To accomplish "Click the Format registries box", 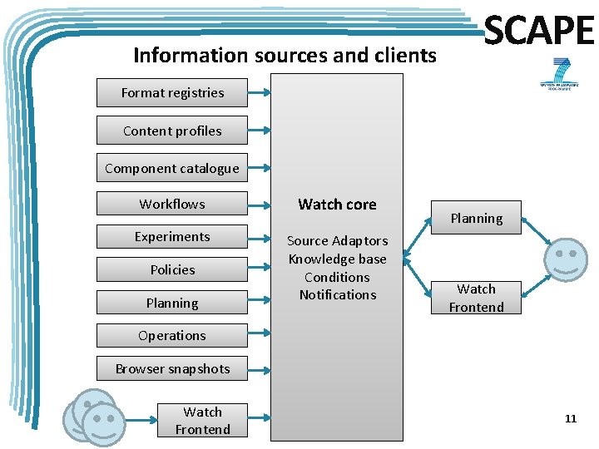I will click(172, 93).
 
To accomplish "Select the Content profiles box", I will click(172, 131).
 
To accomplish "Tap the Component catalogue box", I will click(172, 168).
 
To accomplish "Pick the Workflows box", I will click(172, 204).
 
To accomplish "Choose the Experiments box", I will click(172, 237).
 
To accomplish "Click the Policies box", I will click(172, 269).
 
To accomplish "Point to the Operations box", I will click(172, 336).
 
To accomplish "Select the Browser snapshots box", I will click(172, 368).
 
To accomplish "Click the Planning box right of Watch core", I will click(476, 218).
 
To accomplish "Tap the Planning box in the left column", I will click(172, 303).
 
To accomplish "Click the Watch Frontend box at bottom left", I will click(202, 421).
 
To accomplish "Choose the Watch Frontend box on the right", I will click(476, 298).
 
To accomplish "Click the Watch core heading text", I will click(337, 205).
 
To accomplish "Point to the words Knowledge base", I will click(337, 259).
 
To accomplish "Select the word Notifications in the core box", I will click(337, 294).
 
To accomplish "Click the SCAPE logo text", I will click(539, 32).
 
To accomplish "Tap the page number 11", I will click(570, 418).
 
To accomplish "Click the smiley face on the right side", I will click(567, 258).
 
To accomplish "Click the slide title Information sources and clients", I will click(285, 56).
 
